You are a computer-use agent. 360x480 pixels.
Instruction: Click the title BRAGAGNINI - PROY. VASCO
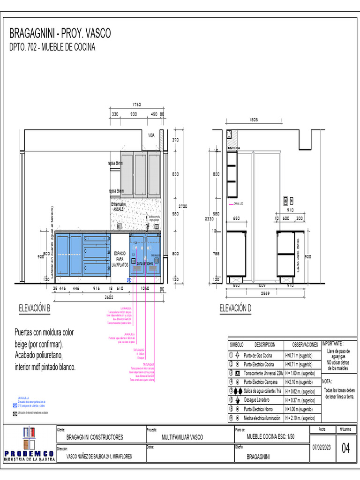(60, 33)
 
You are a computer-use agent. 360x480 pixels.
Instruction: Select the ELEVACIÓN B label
(34, 308)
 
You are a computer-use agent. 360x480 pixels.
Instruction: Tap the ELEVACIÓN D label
(235, 308)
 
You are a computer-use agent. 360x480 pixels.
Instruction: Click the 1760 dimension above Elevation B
(136, 105)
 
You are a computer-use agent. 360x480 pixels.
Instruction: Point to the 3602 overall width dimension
(108, 297)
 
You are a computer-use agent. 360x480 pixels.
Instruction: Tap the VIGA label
(151, 135)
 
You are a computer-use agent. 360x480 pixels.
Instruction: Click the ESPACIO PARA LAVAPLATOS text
(120, 259)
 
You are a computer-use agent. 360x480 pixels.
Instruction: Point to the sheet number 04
(345, 448)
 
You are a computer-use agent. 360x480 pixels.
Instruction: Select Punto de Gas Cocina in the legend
(258, 355)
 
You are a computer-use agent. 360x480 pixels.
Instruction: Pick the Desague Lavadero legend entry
(256, 400)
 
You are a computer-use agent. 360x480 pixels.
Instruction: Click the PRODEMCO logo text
(29, 454)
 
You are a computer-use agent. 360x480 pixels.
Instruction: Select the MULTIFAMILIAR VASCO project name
(182, 437)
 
